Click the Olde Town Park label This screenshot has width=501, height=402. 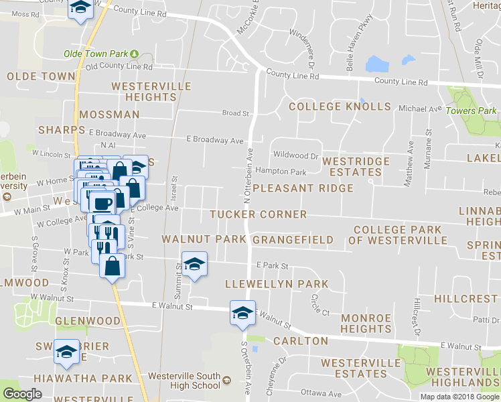(x=95, y=54)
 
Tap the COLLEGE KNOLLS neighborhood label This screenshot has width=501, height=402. (x=340, y=107)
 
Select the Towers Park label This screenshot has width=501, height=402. (x=472, y=111)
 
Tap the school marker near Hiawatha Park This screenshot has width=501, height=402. (x=67, y=352)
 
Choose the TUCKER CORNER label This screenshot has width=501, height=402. (x=258, y=214)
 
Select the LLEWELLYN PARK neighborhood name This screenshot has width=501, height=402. (x=277, y=284)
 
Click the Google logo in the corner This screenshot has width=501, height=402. (x=22, y=395)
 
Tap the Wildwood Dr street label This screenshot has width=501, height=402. (x=295, y=156)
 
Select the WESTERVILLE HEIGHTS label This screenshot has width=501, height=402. (x=151, y=92)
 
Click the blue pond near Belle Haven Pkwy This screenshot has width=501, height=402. (x=377, y=64)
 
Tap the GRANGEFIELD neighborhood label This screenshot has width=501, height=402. (x=293, y=239)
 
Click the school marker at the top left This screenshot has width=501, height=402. (x=81, y=9)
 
